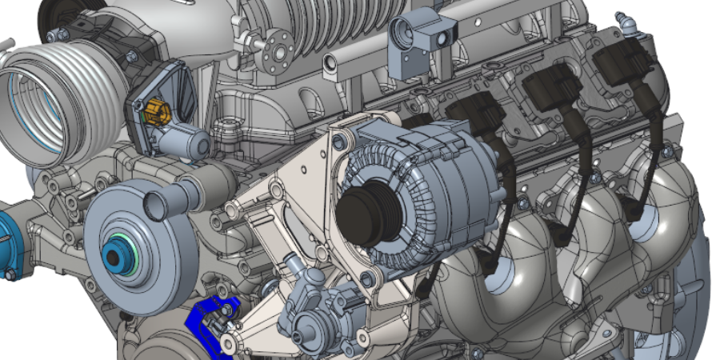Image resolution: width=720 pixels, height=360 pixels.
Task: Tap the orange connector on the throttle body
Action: point(157,112)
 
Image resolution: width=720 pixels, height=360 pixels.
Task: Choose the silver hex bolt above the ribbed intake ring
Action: point(57,36)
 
